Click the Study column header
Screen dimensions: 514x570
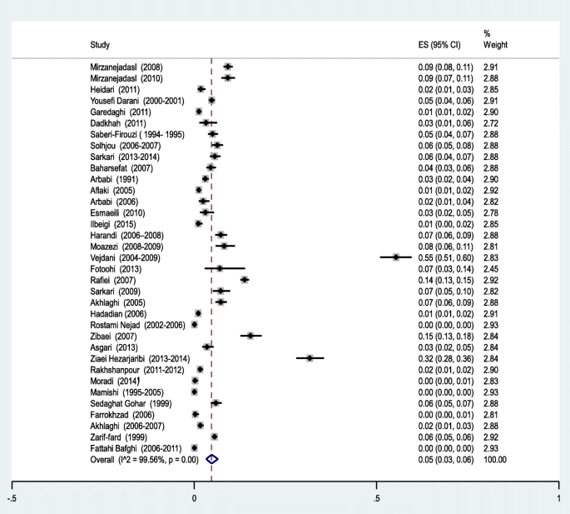[100, 44]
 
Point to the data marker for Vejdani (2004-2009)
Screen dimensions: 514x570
[396, 258]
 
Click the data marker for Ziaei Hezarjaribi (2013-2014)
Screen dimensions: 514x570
[310, 357]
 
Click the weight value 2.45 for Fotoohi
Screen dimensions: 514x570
[492, 269]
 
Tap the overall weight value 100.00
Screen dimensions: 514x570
[495, 459]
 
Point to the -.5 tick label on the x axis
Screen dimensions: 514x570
[12, 498]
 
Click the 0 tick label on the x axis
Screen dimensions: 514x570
[194, 498]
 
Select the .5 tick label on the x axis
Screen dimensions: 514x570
[376, 498]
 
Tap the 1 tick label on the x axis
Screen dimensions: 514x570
[558, 498]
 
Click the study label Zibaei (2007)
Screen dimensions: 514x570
[114, 336]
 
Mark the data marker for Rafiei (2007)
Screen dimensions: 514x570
[245, 280]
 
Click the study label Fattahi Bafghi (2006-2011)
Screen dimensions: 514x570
[136, 448]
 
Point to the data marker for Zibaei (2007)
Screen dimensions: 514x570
[250, 336]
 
